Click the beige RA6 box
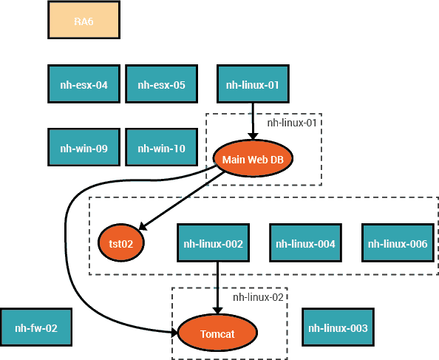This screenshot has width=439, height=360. coord(84,20)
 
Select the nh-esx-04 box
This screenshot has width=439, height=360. coord(84,84)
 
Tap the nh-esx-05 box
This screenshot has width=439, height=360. coord(162,84)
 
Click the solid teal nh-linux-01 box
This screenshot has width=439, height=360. coord(253,84)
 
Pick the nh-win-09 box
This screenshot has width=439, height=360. coord(84,147)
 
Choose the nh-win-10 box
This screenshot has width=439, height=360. coord(162,147)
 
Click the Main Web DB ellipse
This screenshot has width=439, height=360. coord(253,158)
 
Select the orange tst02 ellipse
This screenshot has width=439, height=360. coord(121,242)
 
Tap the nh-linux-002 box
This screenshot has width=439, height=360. coord(213,243)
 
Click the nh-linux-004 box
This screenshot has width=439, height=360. coord(305,243)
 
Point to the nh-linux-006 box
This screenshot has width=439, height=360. coord(398,243)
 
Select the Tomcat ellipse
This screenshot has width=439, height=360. coord(217,333)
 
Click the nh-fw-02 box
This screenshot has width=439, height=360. coord(36,327)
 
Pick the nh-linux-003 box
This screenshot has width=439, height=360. coord(338,327)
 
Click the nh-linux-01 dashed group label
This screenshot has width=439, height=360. coord(292,123)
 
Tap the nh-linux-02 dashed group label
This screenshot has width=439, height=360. coord(258,297)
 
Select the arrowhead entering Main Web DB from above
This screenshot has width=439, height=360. coord(253,136)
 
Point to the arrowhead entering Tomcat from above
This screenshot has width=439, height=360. coord(217,310)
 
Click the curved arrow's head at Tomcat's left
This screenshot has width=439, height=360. coord(174,333)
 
